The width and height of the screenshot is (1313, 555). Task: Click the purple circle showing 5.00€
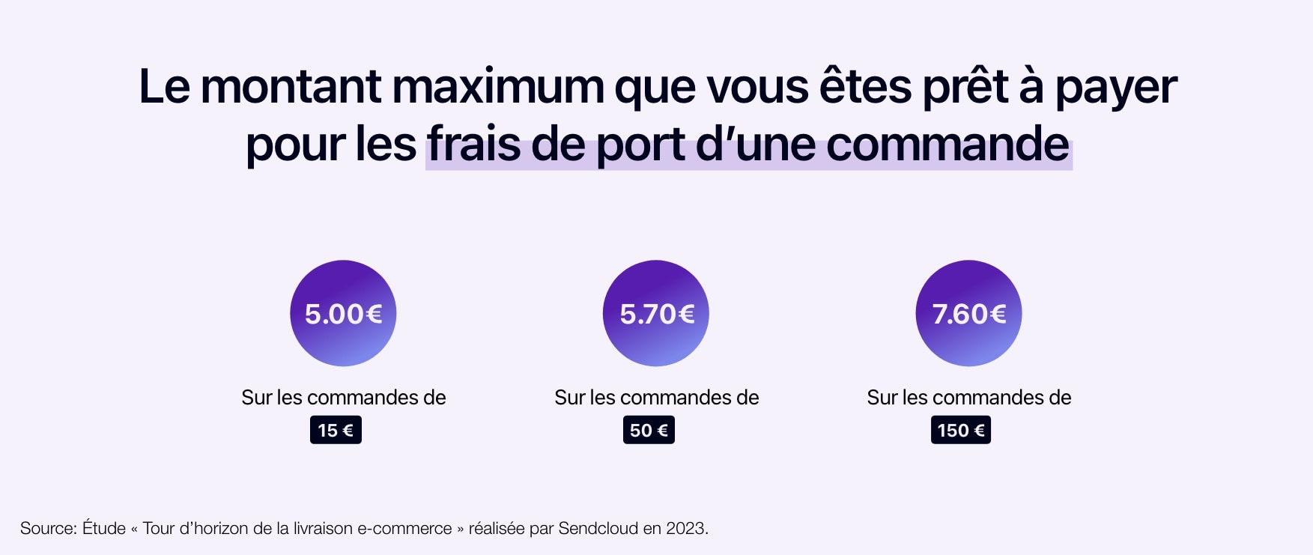point(343,313)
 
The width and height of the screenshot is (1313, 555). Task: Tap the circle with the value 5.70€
point(655,313)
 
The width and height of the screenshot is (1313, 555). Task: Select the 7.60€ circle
point(968,313)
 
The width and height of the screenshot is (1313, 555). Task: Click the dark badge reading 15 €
point(336,431)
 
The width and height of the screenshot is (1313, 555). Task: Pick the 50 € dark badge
point(649,431)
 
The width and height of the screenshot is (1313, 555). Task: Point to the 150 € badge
point(960,431)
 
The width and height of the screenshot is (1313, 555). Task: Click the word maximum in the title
point(497,87)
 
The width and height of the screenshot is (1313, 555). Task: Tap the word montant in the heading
point(291,87)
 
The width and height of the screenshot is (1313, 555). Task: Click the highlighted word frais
point(473,144)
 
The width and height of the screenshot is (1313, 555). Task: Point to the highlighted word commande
point(947,144)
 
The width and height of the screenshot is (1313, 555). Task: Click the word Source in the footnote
point(48,529)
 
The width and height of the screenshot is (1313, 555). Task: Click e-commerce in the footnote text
point(404,529)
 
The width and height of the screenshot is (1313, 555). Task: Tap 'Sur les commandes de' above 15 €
point(343,398)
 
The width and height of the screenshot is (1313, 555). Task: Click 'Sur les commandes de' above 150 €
point(968,398)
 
